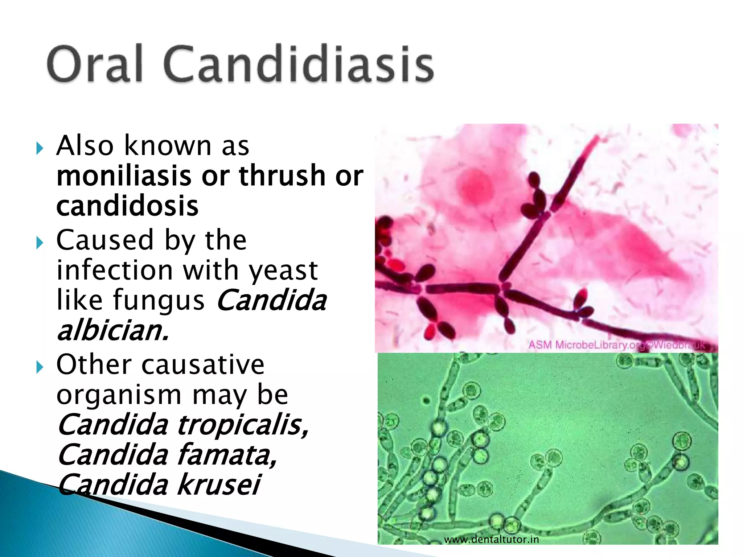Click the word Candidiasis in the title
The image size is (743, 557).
click(298, 63)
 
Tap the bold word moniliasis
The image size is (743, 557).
click(124, 176)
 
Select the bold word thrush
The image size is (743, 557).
click(282, 176)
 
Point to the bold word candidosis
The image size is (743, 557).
click(127, 206)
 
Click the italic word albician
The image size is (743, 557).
click(113, 330)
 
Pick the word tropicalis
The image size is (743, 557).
click(243, 425)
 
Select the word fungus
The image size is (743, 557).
click(159, 301)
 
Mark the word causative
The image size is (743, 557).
click(203, 365)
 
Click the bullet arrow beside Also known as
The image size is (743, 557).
click(40, 148)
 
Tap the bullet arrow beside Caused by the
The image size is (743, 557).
click(40, 243)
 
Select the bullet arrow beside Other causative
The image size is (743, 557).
click(40, 368)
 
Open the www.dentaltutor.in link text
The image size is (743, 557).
click(492, 540)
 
